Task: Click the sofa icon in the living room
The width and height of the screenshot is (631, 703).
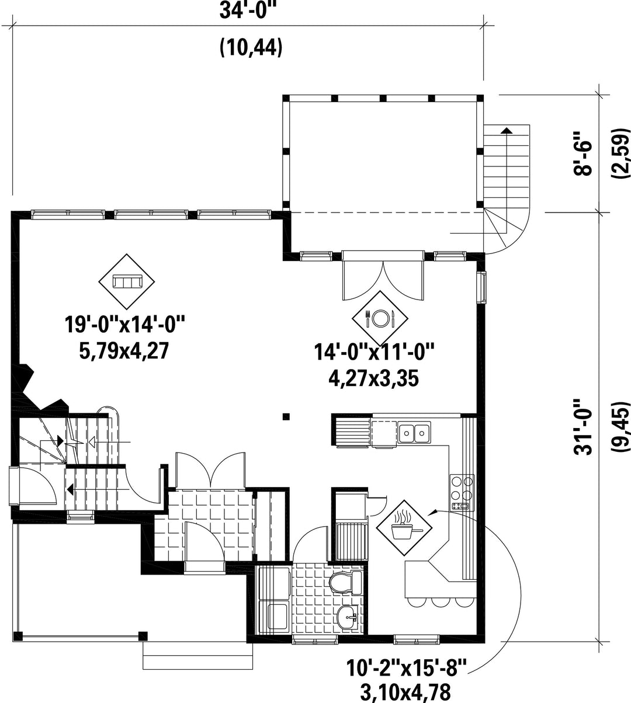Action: (127, 281)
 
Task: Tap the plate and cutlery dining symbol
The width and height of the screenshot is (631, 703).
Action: (380, 318)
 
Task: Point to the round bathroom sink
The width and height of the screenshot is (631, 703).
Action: (347, 617)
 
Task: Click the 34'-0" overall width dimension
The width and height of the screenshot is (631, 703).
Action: (249, 11)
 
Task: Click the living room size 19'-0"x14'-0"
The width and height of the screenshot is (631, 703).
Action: (124, 325)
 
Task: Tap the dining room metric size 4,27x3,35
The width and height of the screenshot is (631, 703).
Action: (374, 378)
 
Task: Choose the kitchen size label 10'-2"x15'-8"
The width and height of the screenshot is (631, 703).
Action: (406, 667)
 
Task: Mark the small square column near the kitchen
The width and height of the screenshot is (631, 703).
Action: (286, 417)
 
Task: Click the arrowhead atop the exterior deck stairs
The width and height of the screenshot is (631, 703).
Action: (507, 130)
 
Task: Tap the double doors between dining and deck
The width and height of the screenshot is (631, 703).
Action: (383, 271)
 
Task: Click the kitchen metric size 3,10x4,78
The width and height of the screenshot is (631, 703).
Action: (405, 692)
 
